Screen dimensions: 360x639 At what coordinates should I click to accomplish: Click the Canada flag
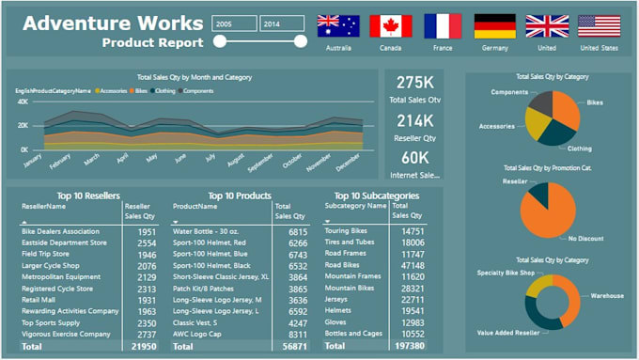click(390, 25)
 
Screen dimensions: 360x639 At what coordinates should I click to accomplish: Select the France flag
click(442, 25)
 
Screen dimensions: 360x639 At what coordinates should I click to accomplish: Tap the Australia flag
click(338, 25)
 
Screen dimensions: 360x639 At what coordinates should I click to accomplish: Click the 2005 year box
click(234, 23)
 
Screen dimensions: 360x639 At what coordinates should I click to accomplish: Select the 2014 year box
click(281, 23)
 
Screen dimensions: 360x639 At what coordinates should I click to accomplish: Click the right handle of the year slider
click(301, 40)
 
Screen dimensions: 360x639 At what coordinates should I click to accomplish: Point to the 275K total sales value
click(414, 84)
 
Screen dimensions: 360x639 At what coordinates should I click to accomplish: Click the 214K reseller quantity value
click(414, 120)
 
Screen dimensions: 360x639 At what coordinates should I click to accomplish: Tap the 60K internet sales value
click(414, 157)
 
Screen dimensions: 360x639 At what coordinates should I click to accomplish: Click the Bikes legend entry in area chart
click(141, 91)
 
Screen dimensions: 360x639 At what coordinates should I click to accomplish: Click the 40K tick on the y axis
click(23, 101)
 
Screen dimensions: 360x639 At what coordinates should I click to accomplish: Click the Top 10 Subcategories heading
click(370, 196)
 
